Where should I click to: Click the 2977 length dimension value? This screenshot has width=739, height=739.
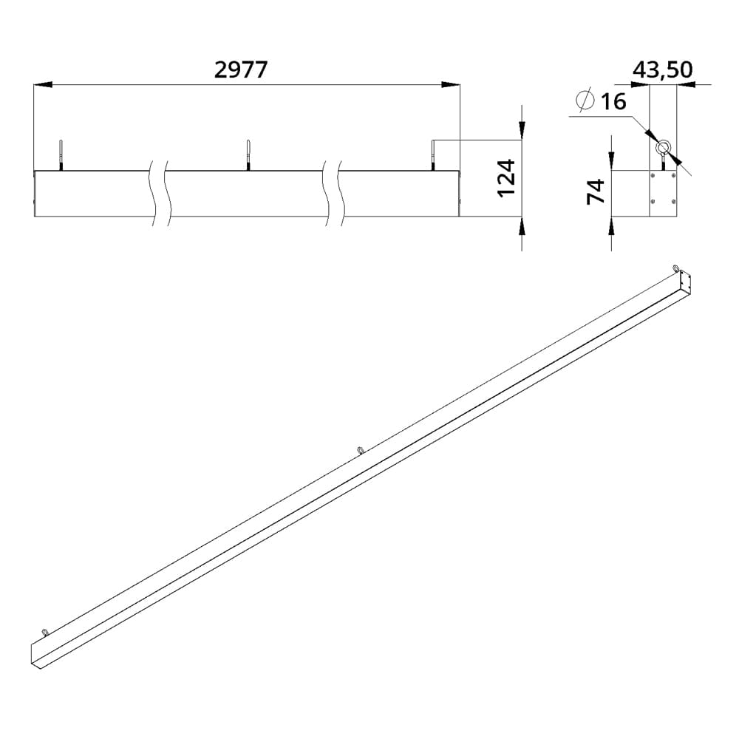click(x=240, y=69)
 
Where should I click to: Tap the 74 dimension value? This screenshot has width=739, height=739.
click(x=596, y=191)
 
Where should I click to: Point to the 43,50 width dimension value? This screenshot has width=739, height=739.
click(x=662, y=69)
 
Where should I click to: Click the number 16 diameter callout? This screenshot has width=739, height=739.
click(x=613, y=101)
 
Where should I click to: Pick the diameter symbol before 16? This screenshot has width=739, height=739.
click(x=585, y=99)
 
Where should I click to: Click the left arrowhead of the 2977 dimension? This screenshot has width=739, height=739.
click(x=43, y=85)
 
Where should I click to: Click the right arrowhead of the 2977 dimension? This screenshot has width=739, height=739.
click(x=451, y=85)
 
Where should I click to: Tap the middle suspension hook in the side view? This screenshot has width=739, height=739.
click(x=248, y=154)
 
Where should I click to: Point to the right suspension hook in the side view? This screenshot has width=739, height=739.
click(x=432, y=154)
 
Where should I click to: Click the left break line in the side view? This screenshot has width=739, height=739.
click(x=157, y=194)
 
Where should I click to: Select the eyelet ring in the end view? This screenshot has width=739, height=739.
click(x=664, y=147)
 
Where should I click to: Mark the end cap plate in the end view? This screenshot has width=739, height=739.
click(x=662, y=194)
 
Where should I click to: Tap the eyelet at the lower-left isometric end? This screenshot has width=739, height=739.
click(x=46, y=631)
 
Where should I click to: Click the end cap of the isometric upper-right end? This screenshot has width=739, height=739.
click(x=685, y=282)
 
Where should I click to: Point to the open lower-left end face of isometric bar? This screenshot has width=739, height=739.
click(x=37, y=655)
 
